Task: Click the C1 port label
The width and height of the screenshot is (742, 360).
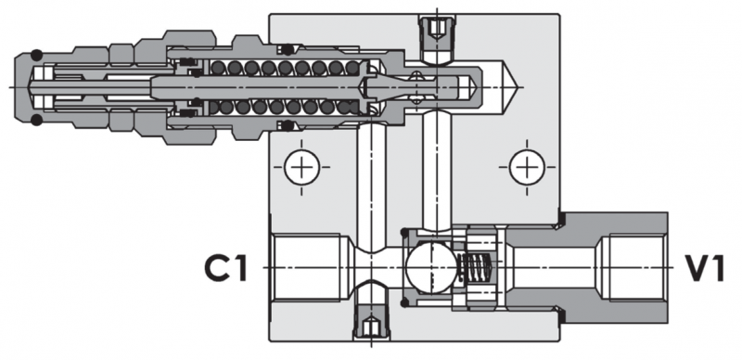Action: point(226,268)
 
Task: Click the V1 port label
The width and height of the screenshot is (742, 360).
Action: point(705,268)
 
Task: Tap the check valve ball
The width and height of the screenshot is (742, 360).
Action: point(429,267)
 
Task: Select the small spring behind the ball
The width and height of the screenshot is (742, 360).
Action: point(476,268)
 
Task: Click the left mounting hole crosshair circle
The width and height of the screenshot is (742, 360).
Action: point(302,167)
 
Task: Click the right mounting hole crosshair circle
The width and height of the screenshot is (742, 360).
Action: point(527,167)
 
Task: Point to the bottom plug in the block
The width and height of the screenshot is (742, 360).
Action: point(372,321)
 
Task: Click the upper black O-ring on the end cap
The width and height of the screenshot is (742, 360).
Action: point(36,55)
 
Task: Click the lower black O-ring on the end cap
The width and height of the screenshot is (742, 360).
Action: point(36,120)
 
